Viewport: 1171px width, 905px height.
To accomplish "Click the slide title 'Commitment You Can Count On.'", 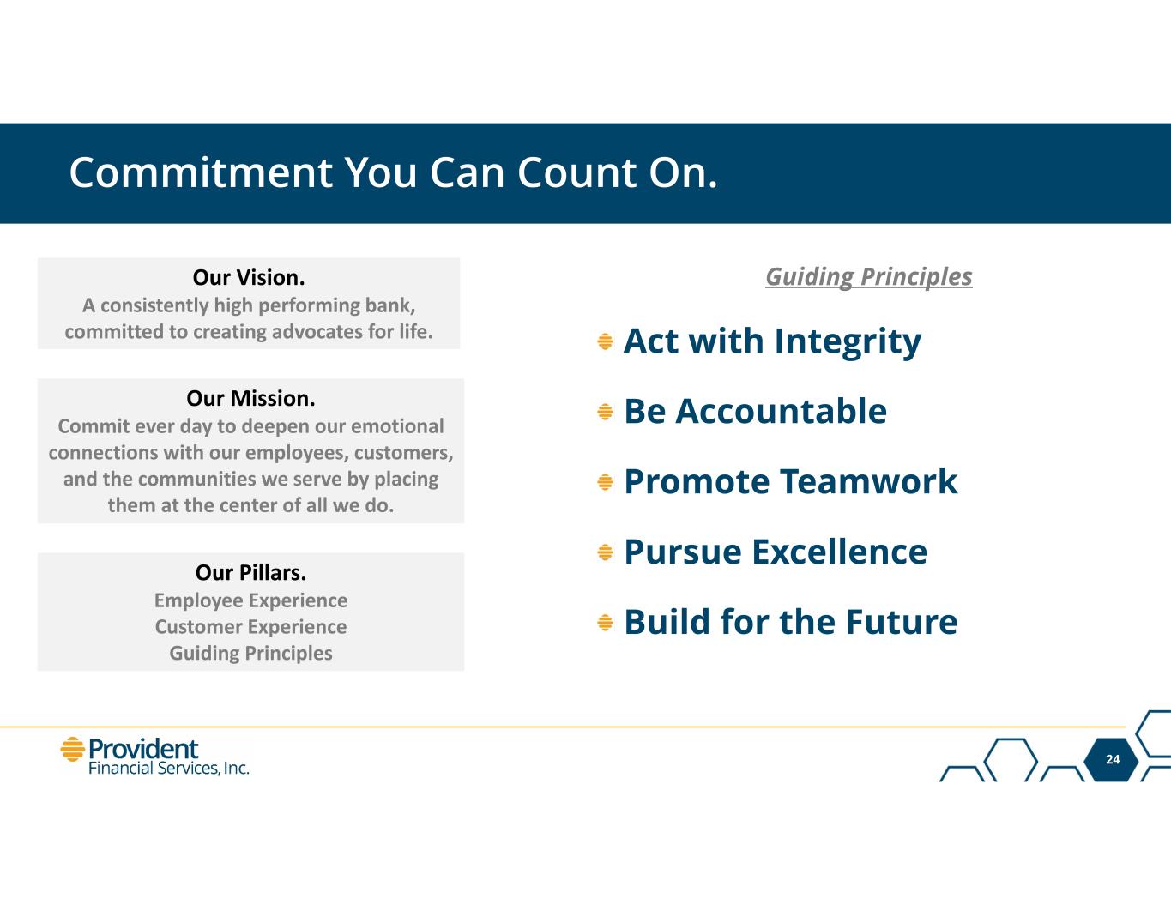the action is coord(394,173).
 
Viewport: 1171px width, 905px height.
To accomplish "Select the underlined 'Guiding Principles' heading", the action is coord(869,277).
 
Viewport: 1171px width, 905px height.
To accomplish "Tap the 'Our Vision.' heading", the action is coord(249,277).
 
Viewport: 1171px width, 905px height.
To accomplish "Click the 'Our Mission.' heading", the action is coord(250,399).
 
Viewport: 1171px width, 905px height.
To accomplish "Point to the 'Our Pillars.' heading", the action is coord(250,573).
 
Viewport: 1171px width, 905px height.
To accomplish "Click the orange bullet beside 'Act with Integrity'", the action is coord(605,341).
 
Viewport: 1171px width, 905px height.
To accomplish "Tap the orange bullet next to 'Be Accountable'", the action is coord(605,412).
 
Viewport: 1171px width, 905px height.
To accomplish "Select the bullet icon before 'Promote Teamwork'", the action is coord(605,482).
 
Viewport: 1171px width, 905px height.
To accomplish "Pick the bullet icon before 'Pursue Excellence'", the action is coord(605,552).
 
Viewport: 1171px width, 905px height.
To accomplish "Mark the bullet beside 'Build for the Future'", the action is coord(605,623).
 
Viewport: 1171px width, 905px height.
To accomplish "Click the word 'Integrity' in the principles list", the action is coord(848,342).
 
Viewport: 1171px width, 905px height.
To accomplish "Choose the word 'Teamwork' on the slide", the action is coord(869,481).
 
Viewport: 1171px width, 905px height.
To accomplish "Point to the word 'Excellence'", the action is coord(840,552).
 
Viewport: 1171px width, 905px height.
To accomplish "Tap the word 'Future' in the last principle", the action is coord(902,622).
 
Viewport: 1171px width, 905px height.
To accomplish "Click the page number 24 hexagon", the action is coord(1113,759).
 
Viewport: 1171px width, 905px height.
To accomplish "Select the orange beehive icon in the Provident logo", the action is coord(72,750).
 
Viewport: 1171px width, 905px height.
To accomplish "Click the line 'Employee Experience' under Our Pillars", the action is coord(250,600).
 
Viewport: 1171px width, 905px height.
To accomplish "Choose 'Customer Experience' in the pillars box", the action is coord(250,627).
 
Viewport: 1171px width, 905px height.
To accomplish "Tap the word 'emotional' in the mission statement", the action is coord(397,426).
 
